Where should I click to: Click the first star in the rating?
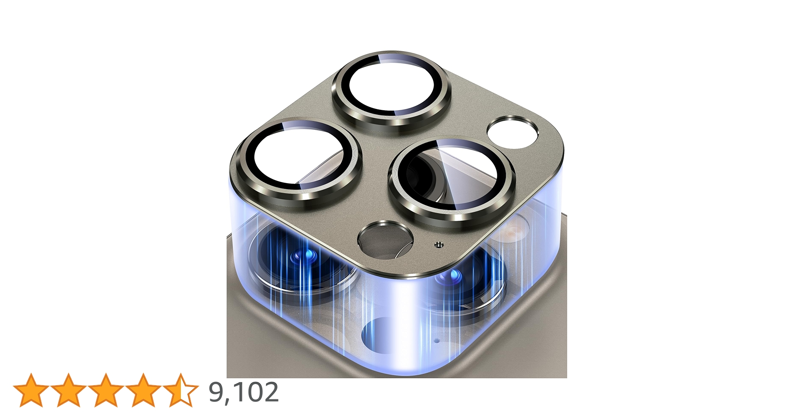point(31,390)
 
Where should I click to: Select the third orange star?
point(106,390)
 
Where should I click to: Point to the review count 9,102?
point(244,392)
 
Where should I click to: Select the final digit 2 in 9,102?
point(271,391)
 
